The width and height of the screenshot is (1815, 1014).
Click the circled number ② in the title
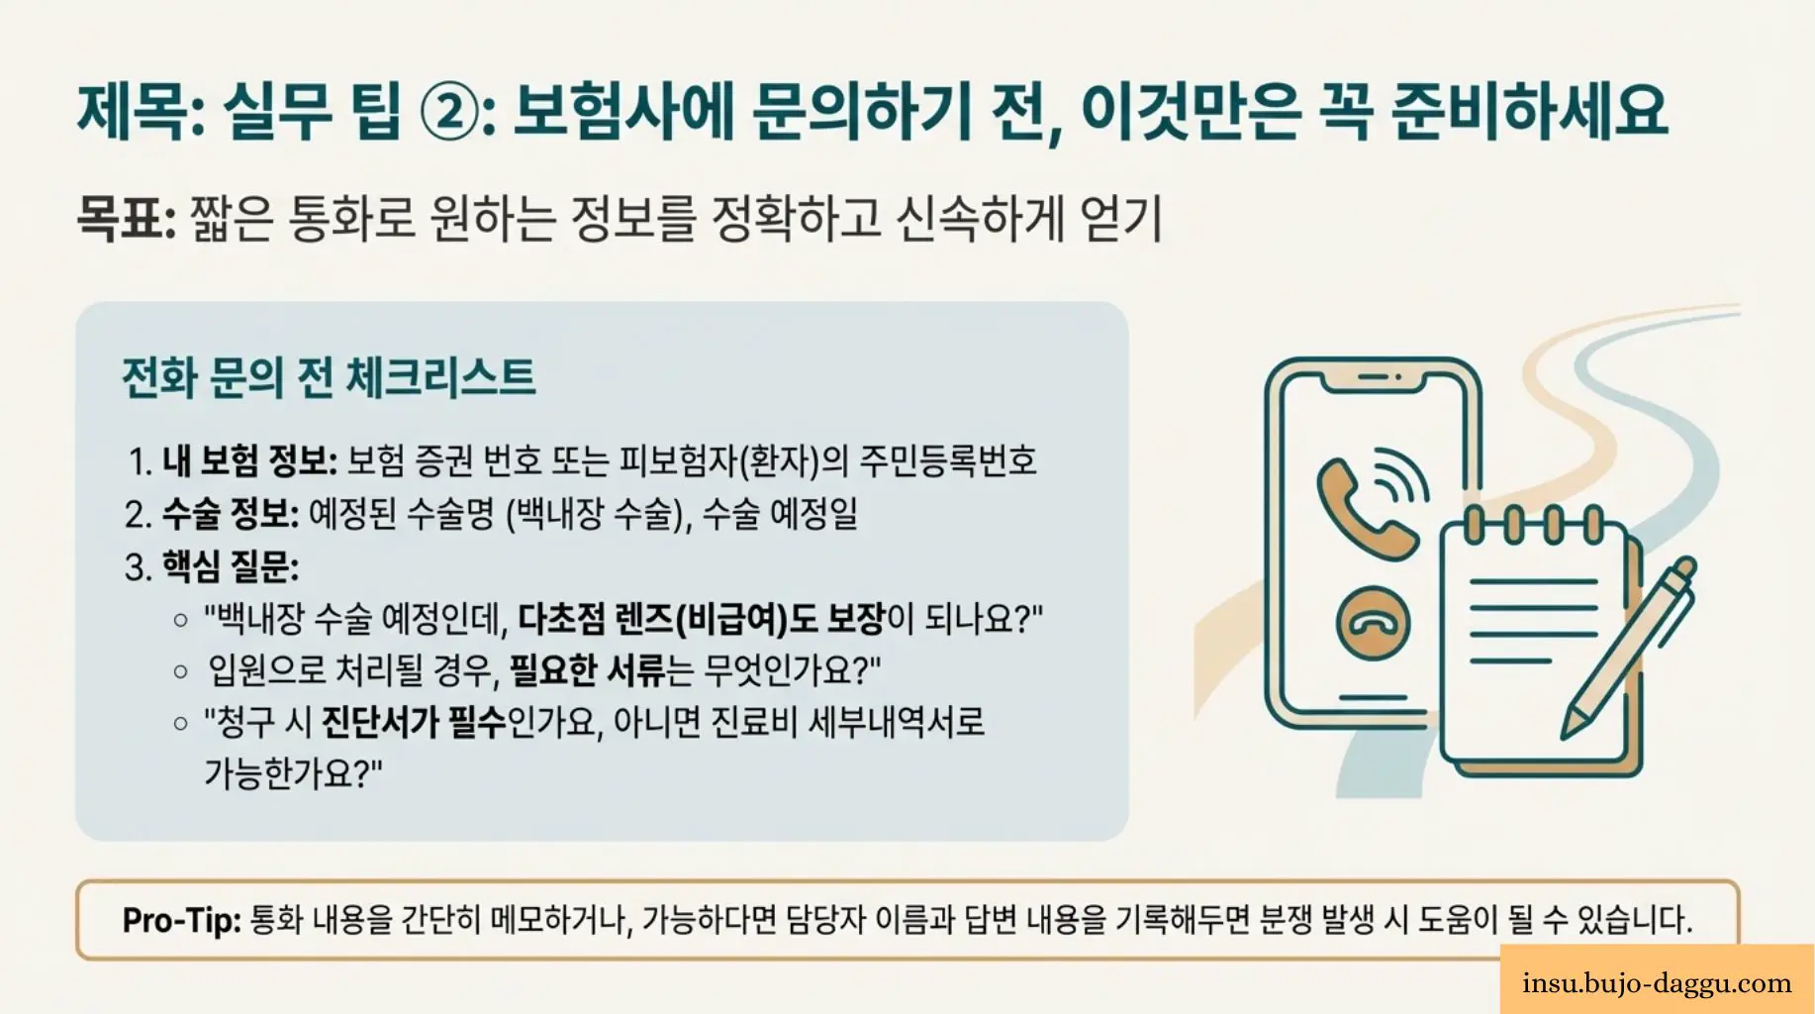point(450,111)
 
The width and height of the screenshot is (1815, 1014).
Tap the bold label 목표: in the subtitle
point(126,218)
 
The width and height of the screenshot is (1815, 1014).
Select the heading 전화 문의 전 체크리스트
point(328,377)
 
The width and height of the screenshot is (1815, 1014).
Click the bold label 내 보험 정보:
point(249,460)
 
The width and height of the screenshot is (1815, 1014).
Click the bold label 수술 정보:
point(230,514)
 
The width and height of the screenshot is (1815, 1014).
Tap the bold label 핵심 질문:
point(230,567)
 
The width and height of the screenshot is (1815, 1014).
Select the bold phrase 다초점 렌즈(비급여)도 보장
point(701,619)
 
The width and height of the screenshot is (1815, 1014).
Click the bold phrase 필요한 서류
point(587,670)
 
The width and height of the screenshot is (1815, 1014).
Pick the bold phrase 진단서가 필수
point(414,722)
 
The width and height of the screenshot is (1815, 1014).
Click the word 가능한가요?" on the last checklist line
point(293,773)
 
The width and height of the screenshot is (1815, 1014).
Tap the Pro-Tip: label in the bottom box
point(181,920)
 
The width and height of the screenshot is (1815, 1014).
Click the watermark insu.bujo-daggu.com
point(1657,983)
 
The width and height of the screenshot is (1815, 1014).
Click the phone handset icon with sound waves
point(1370,503)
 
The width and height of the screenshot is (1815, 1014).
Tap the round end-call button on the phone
point(1372,624)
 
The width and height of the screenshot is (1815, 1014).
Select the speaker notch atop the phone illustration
point(1379,377)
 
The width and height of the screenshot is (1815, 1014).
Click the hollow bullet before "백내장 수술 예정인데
point(180,621)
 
